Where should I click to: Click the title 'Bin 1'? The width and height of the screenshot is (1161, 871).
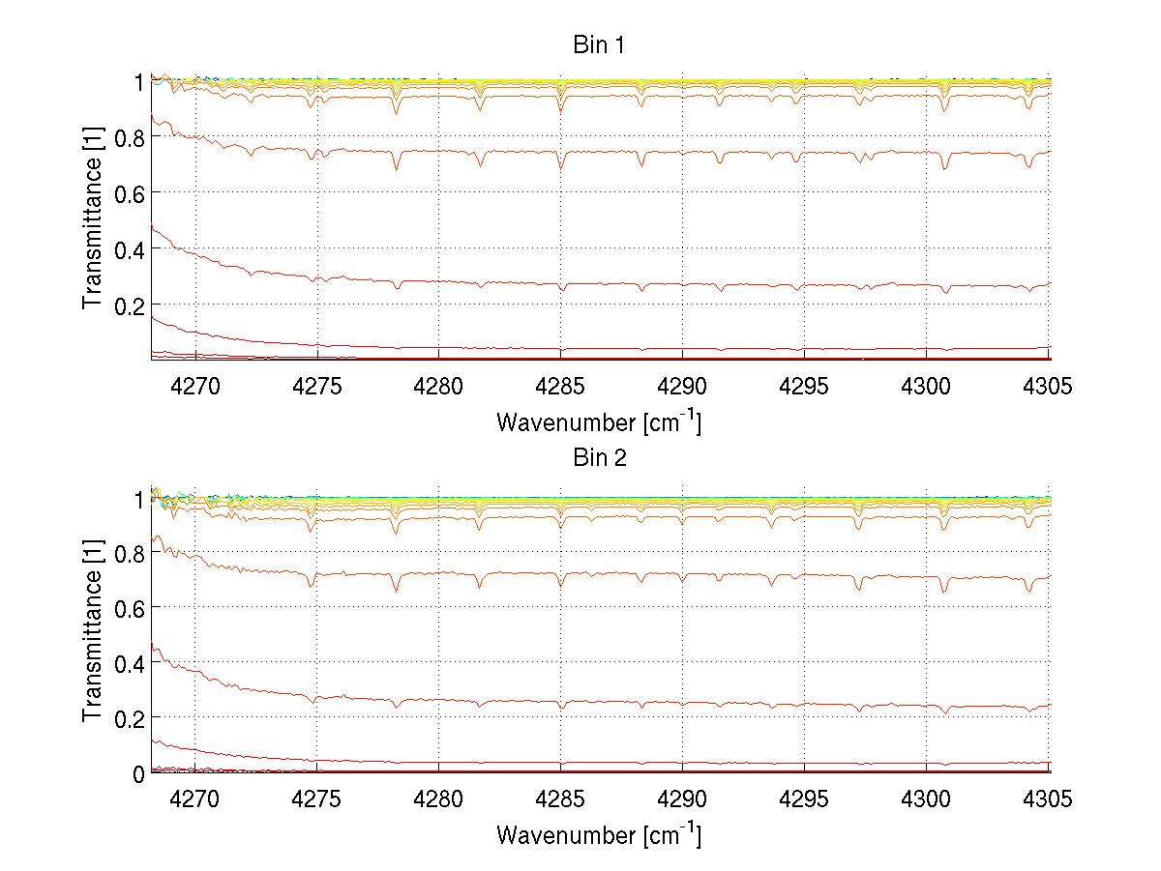[600, 45]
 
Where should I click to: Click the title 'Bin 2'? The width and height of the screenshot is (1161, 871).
[600, 458]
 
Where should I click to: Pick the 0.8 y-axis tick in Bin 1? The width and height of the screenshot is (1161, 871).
[129, 138]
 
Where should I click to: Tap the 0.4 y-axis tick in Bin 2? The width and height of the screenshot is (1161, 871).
[129, 662]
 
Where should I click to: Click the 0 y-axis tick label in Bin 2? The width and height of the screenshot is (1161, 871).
[137, 773]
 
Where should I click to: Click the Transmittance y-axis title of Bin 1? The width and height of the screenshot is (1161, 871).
[93, 220]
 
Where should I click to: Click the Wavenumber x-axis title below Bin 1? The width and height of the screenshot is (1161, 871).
[599, 421]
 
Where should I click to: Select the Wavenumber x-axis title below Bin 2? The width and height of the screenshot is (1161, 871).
[599, 835]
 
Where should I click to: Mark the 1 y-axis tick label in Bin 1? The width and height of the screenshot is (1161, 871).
[138, 82]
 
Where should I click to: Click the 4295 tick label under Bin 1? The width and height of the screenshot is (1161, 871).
[804, 387]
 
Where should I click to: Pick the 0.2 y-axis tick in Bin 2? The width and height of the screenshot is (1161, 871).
[129, 717]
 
